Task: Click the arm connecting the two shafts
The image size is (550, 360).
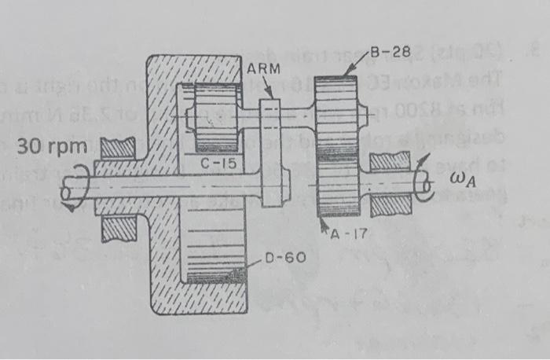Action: tap(270, 149)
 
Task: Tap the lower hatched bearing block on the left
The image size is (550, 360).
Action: tap(114, 228)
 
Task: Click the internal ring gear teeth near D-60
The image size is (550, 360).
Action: tap(214, 274)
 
